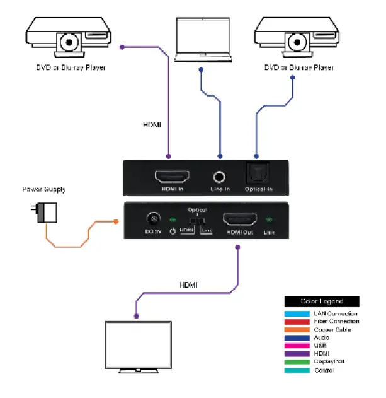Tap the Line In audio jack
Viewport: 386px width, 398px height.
(x=220, y=178)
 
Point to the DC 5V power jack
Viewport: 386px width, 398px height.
(x=152, y=220)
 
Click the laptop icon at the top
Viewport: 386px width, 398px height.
(x=200, y=39)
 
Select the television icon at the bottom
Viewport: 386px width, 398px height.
(x=138, y=348)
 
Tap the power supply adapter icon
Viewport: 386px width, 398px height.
(x=45, y=213)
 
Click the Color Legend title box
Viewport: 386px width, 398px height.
(x=322, y=301)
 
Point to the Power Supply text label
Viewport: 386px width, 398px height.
(x=44, y=189)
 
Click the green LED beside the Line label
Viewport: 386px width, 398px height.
(x=269, y=220)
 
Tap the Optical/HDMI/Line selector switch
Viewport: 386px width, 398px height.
(x=197, y=220)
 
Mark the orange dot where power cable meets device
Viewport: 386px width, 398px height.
(x=116, y=221)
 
